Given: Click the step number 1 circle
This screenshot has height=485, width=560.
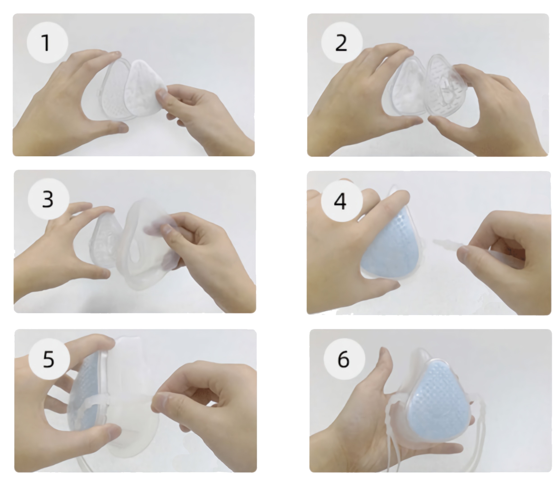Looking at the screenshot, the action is (x=47, y=42).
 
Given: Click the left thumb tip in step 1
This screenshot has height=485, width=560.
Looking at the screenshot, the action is (x=119, y=127).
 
